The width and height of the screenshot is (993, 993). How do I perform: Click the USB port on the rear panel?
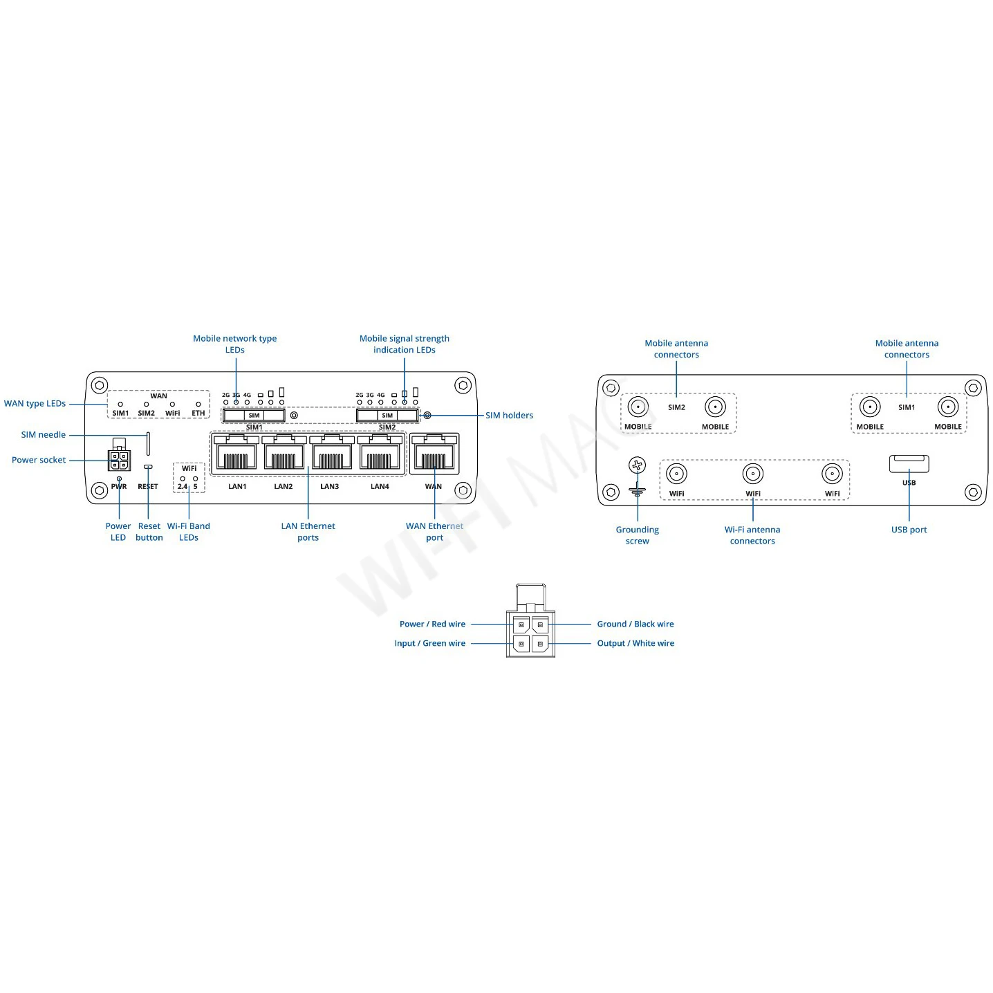(909, 463)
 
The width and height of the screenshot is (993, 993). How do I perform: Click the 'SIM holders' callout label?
(509, 416)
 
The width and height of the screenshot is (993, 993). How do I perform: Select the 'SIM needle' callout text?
(44, 434)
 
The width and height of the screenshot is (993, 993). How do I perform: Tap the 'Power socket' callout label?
(39, 460)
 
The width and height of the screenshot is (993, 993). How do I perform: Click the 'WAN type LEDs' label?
(35, 403)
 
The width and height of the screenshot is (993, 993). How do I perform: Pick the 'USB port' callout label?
(909, 529)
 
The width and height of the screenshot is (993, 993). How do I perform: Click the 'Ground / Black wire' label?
(635, 624)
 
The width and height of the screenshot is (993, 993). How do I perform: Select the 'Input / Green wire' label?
(429, 642)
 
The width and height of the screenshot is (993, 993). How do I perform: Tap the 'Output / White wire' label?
(635, 642)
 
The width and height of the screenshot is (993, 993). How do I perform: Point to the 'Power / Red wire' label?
(431, 624)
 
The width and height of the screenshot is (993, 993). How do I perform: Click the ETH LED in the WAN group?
(198, 405)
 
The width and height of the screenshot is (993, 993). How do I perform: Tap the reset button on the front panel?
(148, 467)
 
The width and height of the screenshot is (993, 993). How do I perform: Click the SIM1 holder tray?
(254, 416)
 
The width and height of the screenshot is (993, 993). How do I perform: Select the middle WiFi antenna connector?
(752, 474)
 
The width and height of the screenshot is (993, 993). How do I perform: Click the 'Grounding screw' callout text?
(637, 535)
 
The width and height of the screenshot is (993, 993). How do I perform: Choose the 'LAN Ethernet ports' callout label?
(308, 531)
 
